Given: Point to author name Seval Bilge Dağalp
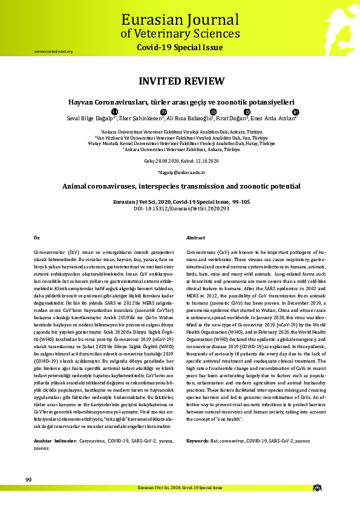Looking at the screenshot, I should [x=91, y=118].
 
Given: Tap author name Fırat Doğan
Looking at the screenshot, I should [x=233, y=118].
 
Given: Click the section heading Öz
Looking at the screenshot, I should [x=36, y=238].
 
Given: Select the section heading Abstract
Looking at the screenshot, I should [x=196, y=238].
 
